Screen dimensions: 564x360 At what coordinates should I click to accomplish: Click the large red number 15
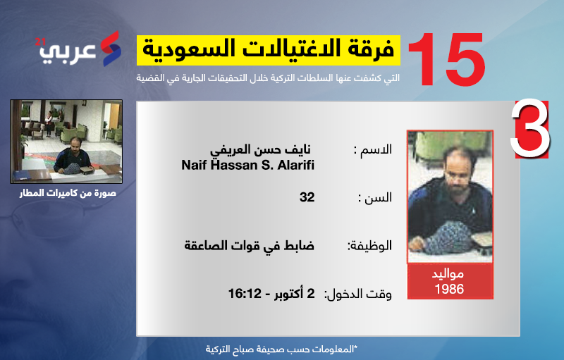[447, 59]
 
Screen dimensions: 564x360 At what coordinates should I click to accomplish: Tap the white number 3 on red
[530, 129]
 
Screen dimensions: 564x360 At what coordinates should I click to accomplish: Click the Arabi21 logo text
[67, 51]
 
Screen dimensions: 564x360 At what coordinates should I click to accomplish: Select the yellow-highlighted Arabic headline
[269, 50]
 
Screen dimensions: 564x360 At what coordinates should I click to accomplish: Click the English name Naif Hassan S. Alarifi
[248, 165]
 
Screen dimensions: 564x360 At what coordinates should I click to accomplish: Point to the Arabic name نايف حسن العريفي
[260, 149]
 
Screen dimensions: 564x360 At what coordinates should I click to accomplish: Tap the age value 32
[307, 197]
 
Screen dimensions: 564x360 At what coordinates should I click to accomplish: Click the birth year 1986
[449, 289]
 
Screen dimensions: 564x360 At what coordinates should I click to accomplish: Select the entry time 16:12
[245, 294]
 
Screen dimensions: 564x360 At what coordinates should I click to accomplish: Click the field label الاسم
[373, 149]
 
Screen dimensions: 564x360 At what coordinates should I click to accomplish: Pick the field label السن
[375, 197]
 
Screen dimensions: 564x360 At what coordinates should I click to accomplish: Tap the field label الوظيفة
[369, 246]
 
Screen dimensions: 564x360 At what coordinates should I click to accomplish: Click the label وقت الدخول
[358, 294]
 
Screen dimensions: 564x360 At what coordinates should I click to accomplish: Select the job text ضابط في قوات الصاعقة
[250, 245]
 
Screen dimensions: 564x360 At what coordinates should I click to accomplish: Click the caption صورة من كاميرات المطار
[68, 193]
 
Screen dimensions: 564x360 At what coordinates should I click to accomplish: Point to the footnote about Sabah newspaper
[281, 349]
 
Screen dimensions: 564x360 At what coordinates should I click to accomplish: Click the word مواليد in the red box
[448, 275]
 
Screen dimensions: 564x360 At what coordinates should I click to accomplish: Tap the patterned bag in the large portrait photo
[448, 237]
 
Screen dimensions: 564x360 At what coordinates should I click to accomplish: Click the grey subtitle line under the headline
[268, 78]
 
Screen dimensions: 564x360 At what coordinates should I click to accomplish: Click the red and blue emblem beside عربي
[111, 49]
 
